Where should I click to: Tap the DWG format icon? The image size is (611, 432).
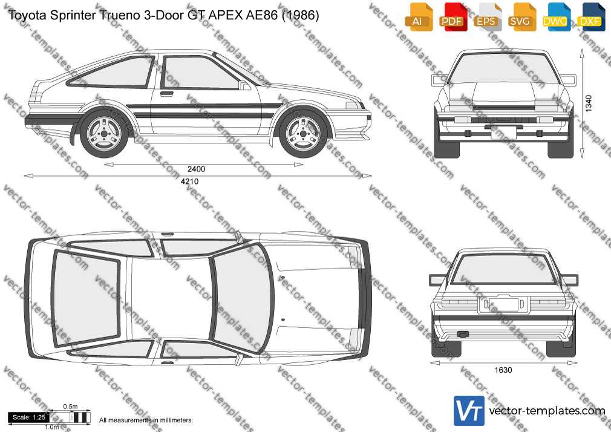[x=555, y=17]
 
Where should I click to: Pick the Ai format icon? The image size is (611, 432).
[x=418, y=17]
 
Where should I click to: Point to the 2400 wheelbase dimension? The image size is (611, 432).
[x=196, y=169]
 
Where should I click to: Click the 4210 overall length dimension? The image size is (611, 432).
[x=190, y=182]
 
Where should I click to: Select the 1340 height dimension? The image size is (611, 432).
[x=589, y=103]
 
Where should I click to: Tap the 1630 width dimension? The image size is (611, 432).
[x=503, y=370]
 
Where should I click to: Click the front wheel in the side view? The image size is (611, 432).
[x=304, y=134]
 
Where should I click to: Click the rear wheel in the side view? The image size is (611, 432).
[x=104, y=134]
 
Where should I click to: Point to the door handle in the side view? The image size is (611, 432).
[x=167, y=94]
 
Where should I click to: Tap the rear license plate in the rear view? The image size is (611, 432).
[x=503, y=304]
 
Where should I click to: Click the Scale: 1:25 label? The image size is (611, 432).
[x=29, y=417]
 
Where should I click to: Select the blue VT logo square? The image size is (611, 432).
[x=469, y=411]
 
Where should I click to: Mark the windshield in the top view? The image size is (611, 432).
[x=241, y=298]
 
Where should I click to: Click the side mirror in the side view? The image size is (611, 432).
[x=244, y=85]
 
